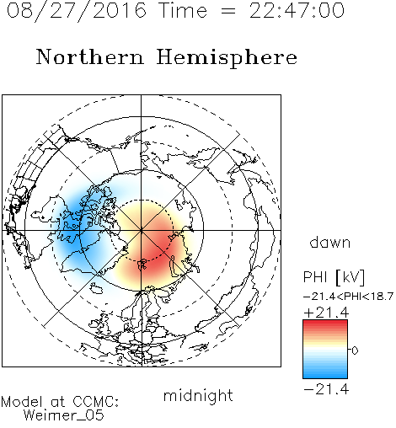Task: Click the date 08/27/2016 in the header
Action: coord(77,11)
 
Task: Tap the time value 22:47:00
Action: coord(297,11)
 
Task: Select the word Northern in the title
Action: coord(90,57)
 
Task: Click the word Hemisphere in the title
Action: coord(227,58)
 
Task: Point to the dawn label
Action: coord(330,243)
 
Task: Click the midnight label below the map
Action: coord(198,396)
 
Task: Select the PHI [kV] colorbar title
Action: coord(334,277)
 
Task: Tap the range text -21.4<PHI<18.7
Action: coord(348,297)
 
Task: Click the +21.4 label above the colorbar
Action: coord(326,313)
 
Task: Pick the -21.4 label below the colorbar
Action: coord(326,389)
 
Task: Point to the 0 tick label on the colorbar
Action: coord(355,350)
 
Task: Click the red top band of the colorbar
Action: coord(325,324)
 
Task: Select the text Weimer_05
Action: coord(64,415)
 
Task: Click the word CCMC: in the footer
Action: coord(96,402)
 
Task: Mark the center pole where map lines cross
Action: coord(142,230)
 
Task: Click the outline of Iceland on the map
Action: coord(96,288)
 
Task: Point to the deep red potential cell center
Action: coord(158,247)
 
